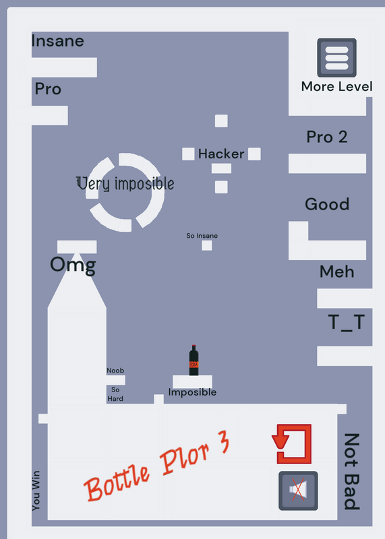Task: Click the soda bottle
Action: point(194,360)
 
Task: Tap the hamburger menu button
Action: point(336,57)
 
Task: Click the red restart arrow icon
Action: point(292,443)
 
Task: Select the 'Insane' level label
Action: point(57,41)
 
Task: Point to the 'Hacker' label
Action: point(221,154)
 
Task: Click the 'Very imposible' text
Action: point(125,183)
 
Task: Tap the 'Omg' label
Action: point(73,265)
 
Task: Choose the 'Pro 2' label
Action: point(327,137)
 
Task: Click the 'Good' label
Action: point(327,204)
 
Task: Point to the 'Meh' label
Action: point(337,272)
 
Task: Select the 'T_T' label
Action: point(347,323)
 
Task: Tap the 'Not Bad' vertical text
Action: point(352,471)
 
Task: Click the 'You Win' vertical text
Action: point(36,490)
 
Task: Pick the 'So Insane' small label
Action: point(202,236)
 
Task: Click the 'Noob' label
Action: point(115,371)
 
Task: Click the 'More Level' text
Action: point(336,86)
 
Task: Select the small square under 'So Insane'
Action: point(207,245)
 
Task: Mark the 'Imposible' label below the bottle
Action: point(192,392)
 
